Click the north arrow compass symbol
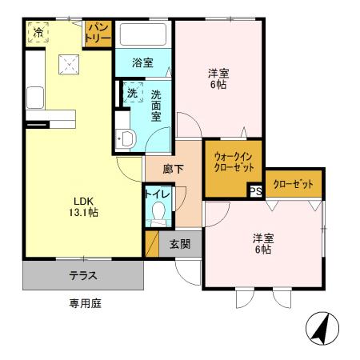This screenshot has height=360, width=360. click(x=323, y=330)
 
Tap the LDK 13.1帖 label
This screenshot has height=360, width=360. click(x=82, y=206)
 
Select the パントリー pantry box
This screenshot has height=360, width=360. click(x=98, y=34)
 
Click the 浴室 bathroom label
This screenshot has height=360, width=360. click(x=144, y=62)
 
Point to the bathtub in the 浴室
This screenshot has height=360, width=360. click(x=142, y=36)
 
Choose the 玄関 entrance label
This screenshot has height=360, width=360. click(x=179, y=243)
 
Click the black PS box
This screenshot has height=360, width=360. click(x=255, y=191)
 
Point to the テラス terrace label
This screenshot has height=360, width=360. click(x=83, y=276)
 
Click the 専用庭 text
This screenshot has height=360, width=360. click(x=84, y=303)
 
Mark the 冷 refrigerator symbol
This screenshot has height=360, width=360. click(x=38, y=32)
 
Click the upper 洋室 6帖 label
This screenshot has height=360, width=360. click(x=218, y=78)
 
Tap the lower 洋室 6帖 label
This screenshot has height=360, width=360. click(x=264, y=243)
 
